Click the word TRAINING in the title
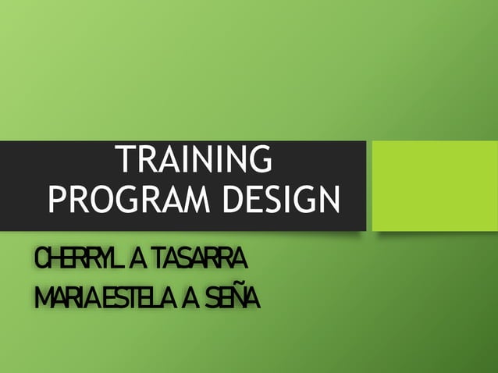[194, 160]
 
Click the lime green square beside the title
[432, 185]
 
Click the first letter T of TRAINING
[125, 160]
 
